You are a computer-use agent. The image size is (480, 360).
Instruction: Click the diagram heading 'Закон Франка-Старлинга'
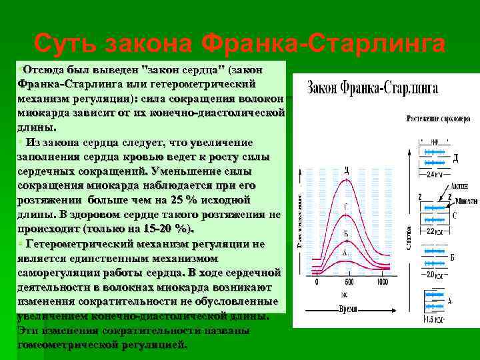pyautogui.click(x=372, y=87)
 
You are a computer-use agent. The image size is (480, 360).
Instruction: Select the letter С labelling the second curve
pyautogui.click(x=346, y=207)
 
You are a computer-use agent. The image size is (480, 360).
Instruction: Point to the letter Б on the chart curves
pyautogui.click(x=346, y=234)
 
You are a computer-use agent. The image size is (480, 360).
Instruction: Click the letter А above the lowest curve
pyautogui.click(x=345, y=253)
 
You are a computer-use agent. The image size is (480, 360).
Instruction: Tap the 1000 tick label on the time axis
pyautogui.click(x=381, y=282)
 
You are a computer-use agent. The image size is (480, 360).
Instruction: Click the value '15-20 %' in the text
pyautogui.click(x=167, y=229)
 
